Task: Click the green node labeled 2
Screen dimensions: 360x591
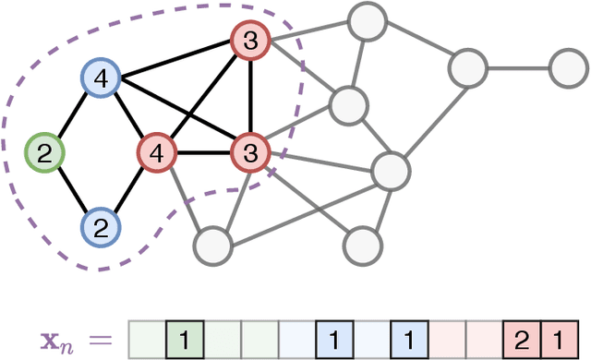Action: click(x=44, y=151)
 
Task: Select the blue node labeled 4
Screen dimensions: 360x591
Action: click(x=101, y=79)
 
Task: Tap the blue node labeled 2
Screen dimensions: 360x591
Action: click(x=101, y=225)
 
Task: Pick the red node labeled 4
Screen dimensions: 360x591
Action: click(x=157, y=151)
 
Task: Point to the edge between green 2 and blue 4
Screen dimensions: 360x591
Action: click(x=72, y=115)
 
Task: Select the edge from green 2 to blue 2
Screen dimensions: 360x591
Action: click(x=72, y=188)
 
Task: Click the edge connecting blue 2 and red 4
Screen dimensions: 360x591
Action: click(x=129, y=188)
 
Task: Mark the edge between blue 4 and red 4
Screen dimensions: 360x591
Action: click(x=129, y=115)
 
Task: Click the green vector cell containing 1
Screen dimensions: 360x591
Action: click(x=184, y=339)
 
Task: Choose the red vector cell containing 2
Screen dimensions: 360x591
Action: click(x=521, y=339)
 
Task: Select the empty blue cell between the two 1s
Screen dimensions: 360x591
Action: click(x=370, y=339)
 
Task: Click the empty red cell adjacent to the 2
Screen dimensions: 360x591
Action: click(x=484, y=339)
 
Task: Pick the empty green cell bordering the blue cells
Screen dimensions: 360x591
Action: click(x=259, y=339)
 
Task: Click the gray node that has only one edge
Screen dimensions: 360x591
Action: click(x=568, y=67)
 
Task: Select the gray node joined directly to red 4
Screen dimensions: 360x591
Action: click(x=211, y=246)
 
